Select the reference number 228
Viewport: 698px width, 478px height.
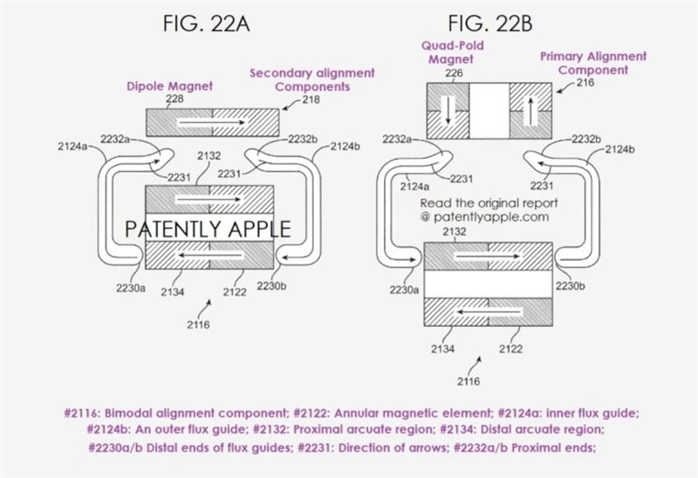(174, 99)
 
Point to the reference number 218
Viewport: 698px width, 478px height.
(311, 100)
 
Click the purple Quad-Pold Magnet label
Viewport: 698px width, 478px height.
(452, 51)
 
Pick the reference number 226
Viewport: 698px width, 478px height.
(454, 73)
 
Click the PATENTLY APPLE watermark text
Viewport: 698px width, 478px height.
(208, 229)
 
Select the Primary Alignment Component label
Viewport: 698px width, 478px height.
(593, 63)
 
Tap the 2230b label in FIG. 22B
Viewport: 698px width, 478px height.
(569, 285)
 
